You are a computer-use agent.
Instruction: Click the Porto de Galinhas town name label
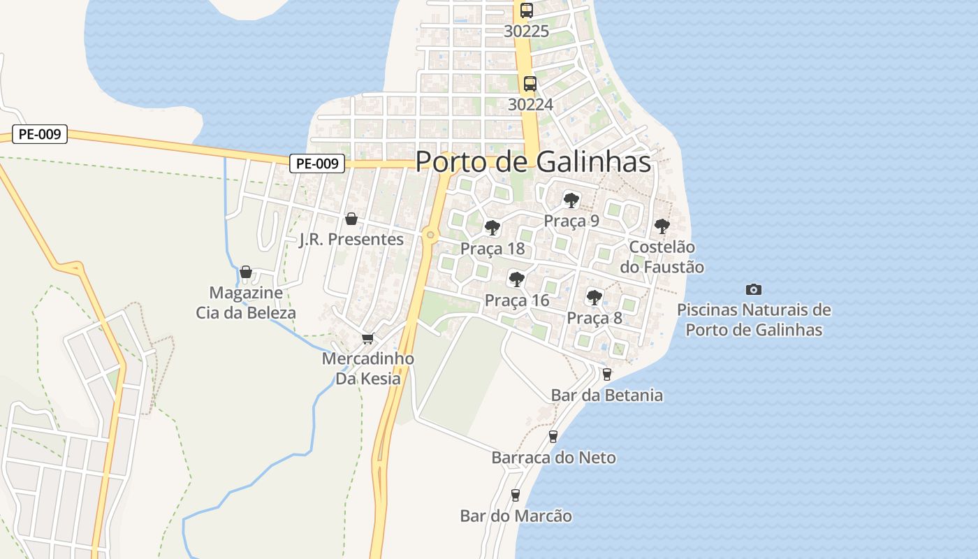point(533,161)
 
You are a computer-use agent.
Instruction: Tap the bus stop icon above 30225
point(527,10)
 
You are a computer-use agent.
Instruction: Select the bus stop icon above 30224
point(530,84)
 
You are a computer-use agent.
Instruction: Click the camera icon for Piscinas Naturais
point(754,289)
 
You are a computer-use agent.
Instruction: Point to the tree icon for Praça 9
point(571,201)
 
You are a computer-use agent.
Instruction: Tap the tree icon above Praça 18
point(492,228)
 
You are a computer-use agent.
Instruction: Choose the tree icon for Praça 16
point(516,279)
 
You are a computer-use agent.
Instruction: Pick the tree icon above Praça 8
point(594,298)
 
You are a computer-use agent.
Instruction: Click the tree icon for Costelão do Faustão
point(662,226)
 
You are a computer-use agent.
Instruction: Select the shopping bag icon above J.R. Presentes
point(351,219)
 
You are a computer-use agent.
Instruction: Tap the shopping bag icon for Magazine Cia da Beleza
point(246,272)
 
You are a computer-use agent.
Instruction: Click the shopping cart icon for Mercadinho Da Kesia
point(368,338)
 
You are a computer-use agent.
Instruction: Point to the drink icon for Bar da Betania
point(606,374)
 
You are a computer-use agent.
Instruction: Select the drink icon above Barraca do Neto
point(553,437)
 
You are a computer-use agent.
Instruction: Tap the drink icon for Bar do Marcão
point(516,495)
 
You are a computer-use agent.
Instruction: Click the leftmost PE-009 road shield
point(40,134)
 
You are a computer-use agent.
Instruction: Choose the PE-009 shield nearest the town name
point(317,164)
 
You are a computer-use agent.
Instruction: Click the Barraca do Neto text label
point(553,458)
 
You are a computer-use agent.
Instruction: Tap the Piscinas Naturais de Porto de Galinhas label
point(754,319)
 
